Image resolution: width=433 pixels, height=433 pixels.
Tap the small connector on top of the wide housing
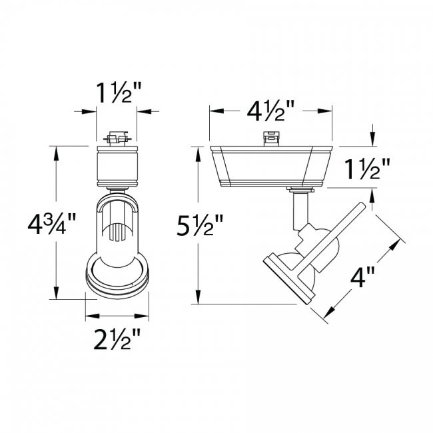[x=270, y=139]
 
